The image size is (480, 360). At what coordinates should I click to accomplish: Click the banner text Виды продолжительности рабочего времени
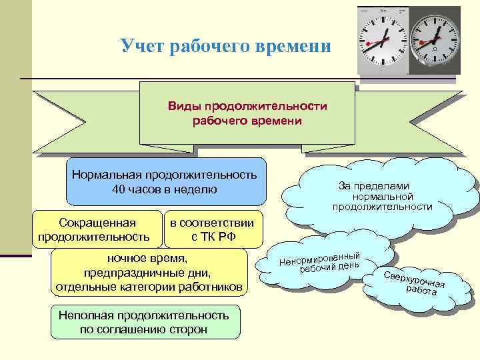pos(247,113)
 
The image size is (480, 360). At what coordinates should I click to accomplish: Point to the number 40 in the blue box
pos(119,189)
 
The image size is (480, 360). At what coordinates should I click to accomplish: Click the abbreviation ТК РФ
pos(217,237)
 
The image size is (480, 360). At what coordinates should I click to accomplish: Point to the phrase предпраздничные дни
pos(148,273)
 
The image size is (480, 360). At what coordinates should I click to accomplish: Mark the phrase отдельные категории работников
pos(148,287)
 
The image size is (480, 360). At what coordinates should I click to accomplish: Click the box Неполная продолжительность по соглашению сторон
pos(144,322)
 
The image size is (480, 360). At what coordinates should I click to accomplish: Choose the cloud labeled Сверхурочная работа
pos(414,283)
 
